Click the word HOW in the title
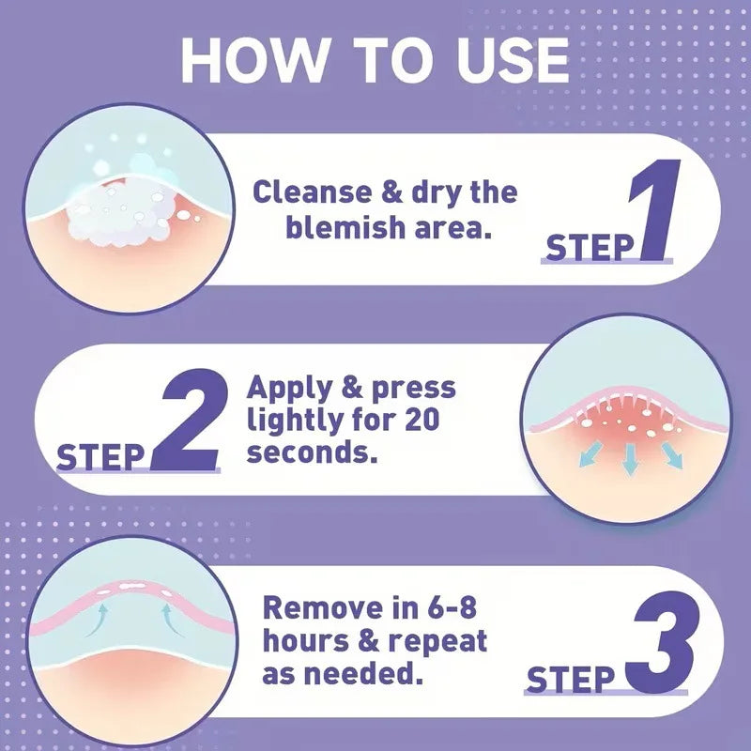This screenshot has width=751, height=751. pyautogui.click(x=253, y=60)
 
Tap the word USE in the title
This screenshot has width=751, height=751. pyautogui.click(x=513, y=60)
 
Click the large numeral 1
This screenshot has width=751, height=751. pyautogui.click(x=655, y=209)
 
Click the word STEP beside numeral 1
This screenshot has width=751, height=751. pyautogui.click(x=590, y=248)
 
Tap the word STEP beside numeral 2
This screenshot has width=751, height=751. pyautogui.click(x=100, y=457)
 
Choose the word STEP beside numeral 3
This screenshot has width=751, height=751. pyautogui.click(x=570, y=679)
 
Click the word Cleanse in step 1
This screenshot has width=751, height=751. pyautogui.click(x=312, y=192)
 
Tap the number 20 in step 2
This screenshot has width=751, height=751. pyautogui.click(x=421, y=420)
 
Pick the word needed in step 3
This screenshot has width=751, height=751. pyautogui.click(x=364, y=674)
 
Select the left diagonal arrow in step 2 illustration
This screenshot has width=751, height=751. pyautogui.click(x=590, y=454)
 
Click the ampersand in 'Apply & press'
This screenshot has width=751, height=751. pyautogui.click(x=352, y=387)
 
